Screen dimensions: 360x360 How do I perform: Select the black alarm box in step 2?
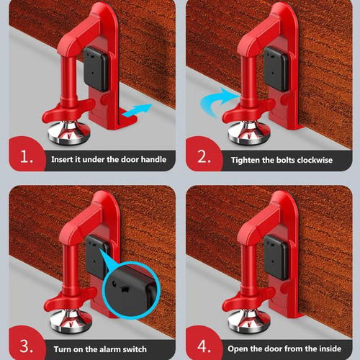(x=274, y=66)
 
